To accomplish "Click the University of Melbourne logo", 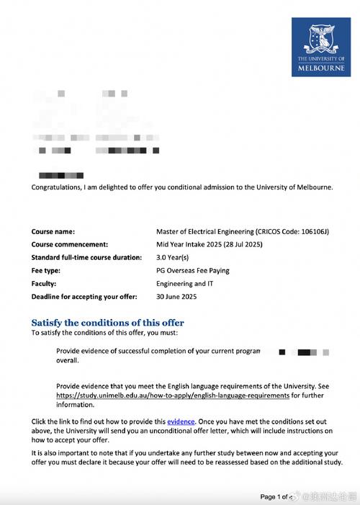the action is coord(322,48).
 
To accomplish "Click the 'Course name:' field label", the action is coord(53,231).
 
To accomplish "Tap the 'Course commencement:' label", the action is coord(69,244).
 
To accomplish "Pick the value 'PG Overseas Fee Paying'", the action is coord(192,270).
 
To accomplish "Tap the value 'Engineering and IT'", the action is coord(185,283).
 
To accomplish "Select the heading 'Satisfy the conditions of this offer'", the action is coord(107,323).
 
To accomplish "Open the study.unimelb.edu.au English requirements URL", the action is coord(173,395).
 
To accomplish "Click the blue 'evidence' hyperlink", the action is coord(181,420).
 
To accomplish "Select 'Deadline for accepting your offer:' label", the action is coord(83,296).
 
